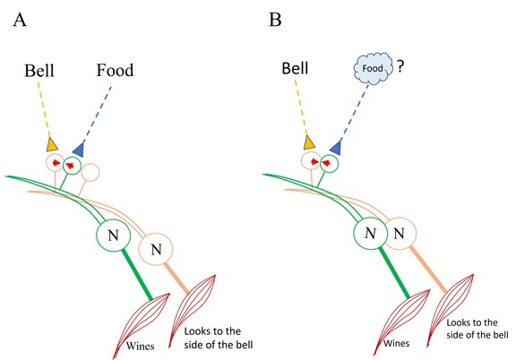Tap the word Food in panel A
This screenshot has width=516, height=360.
115,69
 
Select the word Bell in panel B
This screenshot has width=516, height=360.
299,69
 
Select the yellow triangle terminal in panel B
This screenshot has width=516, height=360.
309,142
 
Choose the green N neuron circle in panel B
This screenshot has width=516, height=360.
369,235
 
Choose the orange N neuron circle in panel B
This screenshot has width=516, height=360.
400,235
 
